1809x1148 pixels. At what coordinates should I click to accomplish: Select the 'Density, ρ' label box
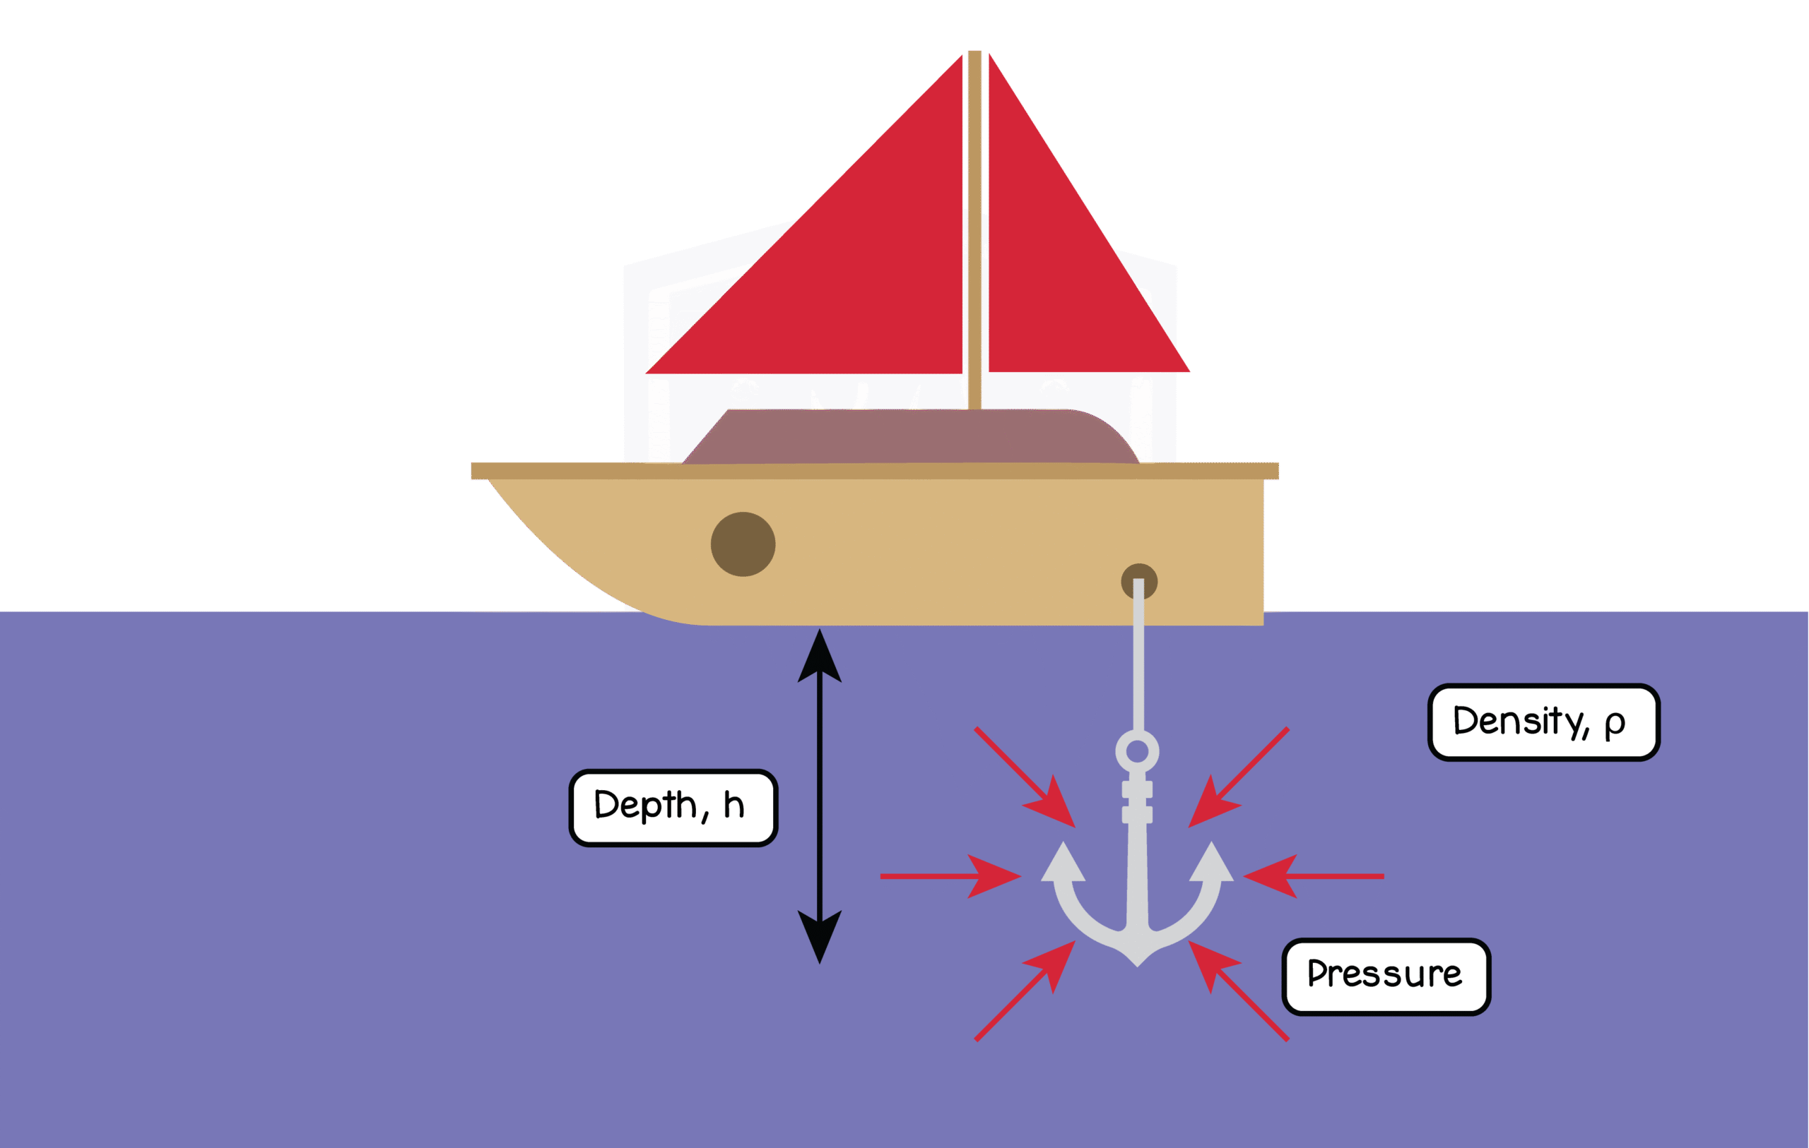tap(1544, 722)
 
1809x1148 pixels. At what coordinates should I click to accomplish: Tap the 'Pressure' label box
tap(1386, 976)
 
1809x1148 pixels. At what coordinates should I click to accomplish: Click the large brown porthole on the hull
tap(743, 544)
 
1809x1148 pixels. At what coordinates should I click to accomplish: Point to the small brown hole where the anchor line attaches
tap(1139, 580)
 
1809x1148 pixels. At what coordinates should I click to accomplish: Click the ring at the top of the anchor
tap(1138, 751)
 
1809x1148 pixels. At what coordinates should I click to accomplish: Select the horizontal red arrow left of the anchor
tap(950, 876)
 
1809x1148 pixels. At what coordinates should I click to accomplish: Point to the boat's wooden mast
tap(975, 225)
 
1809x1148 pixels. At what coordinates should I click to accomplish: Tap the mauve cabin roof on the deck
tap(909, 437)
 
